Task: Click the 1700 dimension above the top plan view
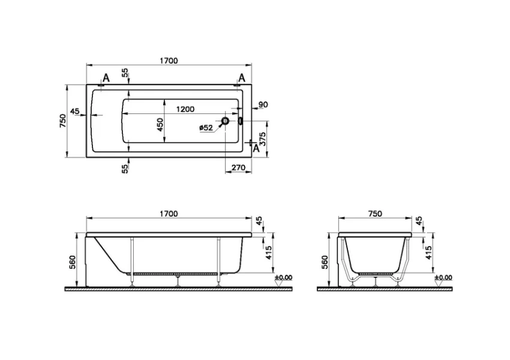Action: [x=169, y=60]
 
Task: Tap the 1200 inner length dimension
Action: [x=185, y=109]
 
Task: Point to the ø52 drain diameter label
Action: [x=205, y=127]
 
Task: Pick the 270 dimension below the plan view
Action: [x=238, y=168]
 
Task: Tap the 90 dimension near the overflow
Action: [x=262, y=105]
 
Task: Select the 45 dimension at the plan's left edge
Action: [x=75, y=111]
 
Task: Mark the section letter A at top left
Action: [x=106, y=77]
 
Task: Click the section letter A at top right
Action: [x=242, y=77]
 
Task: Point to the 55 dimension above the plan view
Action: [x=125, y=72]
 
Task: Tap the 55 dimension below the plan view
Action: [x=125, y=169]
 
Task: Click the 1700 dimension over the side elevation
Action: [x=169, y=214]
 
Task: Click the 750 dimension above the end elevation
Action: [x=374, y=214]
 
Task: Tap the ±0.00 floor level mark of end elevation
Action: [x=443, y=277]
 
